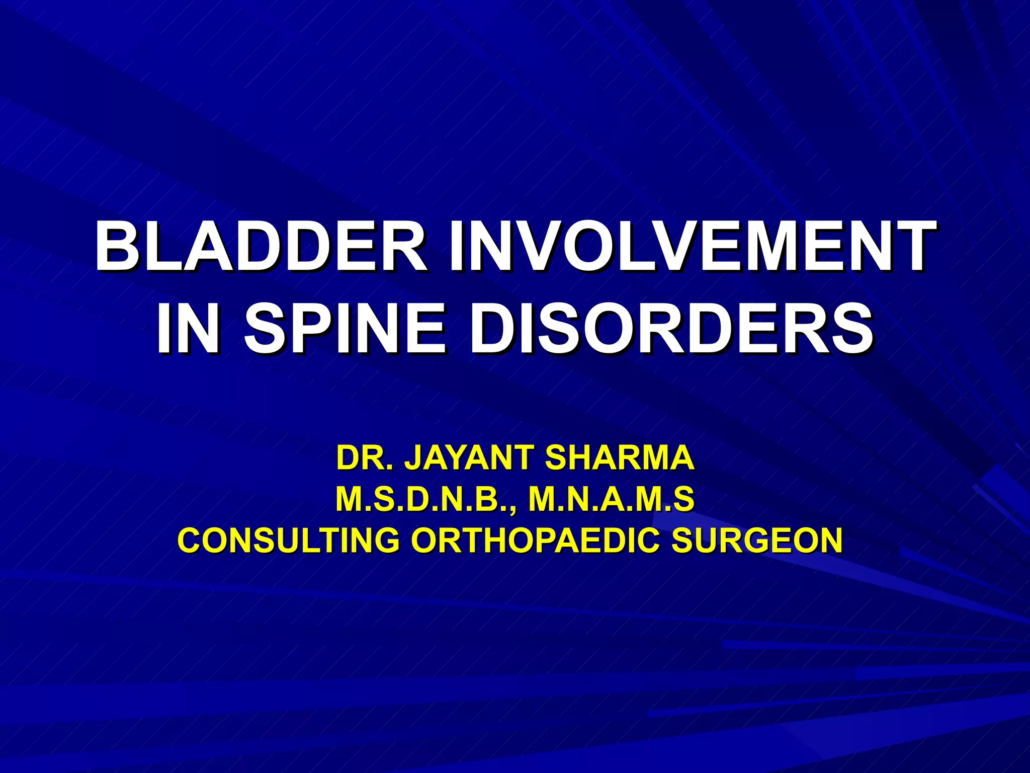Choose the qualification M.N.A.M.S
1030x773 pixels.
coord(612,499)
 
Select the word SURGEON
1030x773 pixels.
coord(757,540)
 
